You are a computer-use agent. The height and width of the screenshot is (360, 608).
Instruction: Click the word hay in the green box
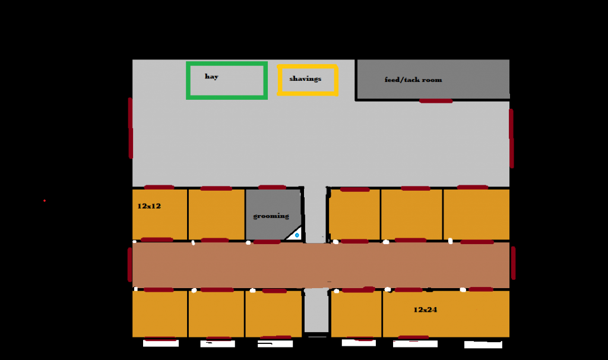click(x=211, y=77)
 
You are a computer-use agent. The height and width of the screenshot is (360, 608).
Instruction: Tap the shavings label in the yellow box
click(x=305, y=78)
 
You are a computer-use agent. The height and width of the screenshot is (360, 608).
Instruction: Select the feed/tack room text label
click(x=413, y=80)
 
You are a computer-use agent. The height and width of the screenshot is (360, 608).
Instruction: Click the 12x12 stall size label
click(x=149, y=206)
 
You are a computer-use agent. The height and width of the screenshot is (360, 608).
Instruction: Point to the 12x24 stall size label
click(x=425, y=310)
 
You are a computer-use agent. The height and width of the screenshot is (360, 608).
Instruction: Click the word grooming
click(x=271, y=216)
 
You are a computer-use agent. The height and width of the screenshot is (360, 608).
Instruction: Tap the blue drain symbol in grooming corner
click(x=296, y=236)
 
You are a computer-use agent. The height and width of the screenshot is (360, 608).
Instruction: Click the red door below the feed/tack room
click(x=436, y=101)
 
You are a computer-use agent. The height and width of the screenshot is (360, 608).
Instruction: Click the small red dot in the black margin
click(x=45, y=201)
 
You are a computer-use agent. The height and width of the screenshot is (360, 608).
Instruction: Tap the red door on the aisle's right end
click(x=513, y=263)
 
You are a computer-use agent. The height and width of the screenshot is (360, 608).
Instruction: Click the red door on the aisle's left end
click(x=129, y=264)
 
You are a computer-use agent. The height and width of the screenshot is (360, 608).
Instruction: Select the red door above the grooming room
click(x=272, y=188)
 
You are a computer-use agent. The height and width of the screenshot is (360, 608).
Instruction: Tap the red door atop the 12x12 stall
click(x=159, y=187)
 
